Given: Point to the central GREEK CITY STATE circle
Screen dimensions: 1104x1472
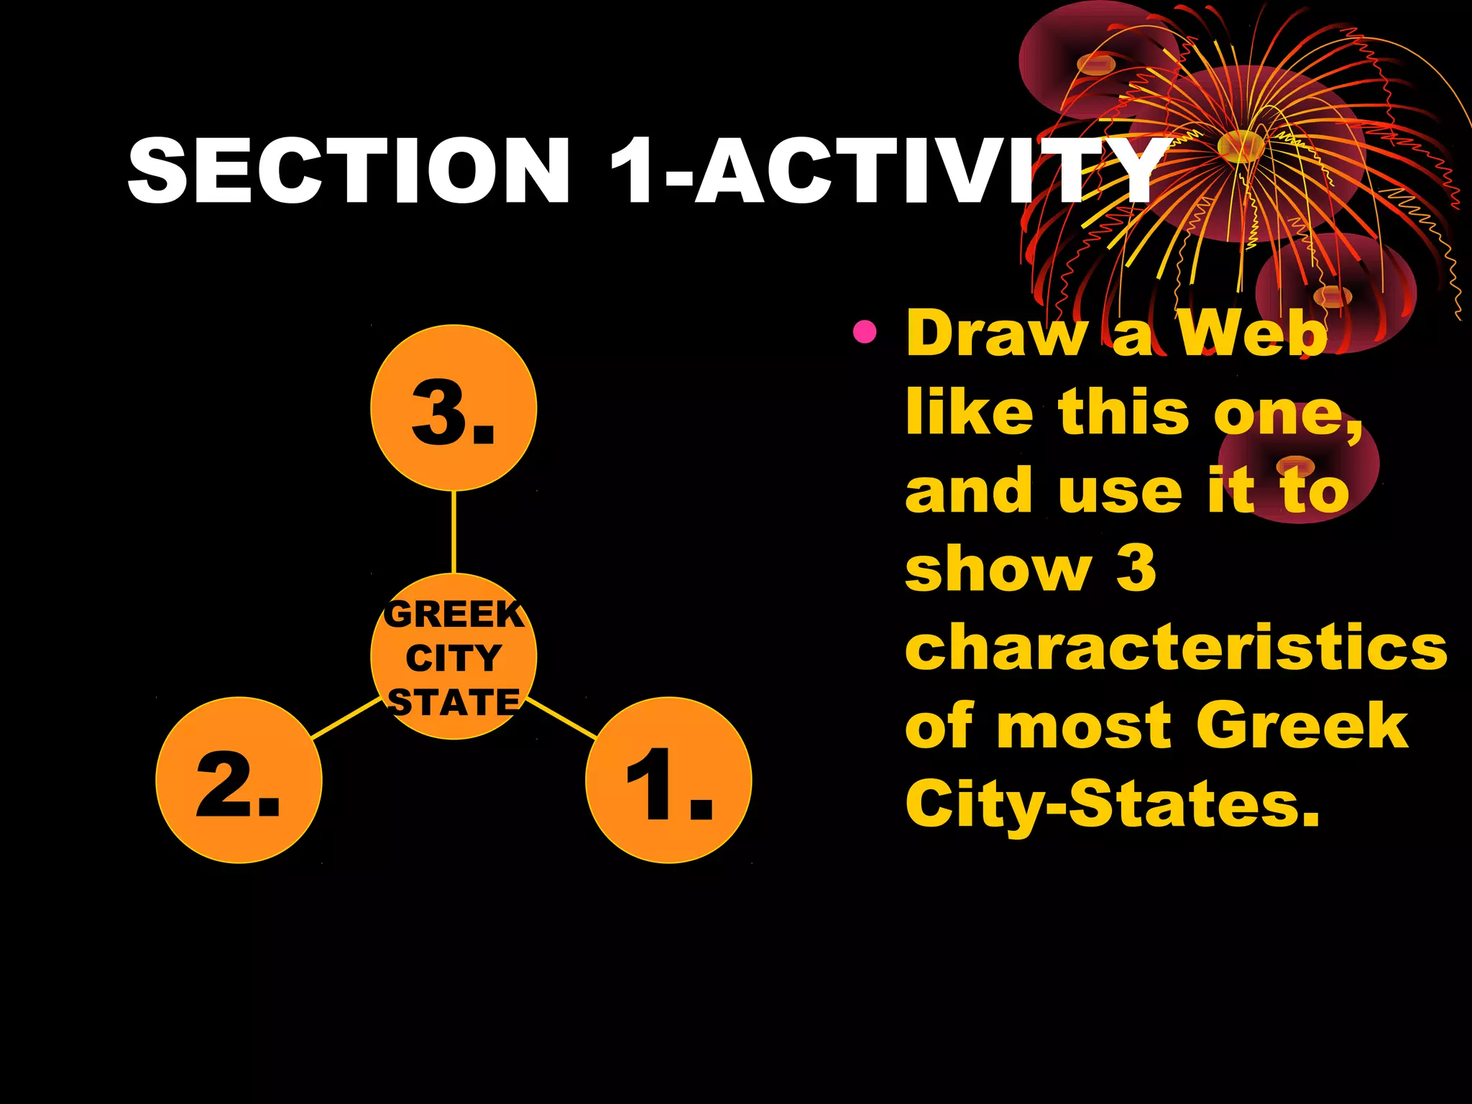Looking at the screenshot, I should tap(454, 656).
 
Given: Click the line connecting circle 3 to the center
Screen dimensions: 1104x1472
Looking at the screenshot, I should tap(454, 532).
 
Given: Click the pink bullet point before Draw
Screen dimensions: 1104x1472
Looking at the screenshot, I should tap(864, 331).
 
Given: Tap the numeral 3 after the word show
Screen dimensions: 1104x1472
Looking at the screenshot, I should tap(1136, 568).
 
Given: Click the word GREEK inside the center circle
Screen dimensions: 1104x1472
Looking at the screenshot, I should tap(454, 615).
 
